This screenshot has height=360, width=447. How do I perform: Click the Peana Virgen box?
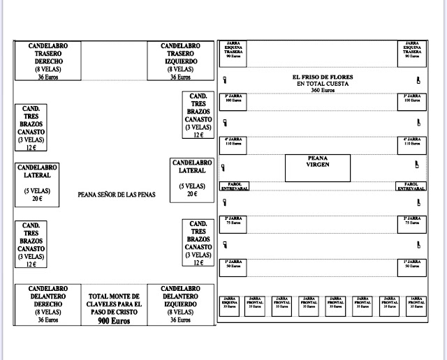click(318, 167)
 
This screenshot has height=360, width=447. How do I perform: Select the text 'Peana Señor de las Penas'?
click(117, 195)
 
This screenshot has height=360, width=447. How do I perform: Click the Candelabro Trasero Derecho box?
click(47, 61)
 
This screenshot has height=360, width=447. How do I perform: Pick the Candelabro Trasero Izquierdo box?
click(181, 61)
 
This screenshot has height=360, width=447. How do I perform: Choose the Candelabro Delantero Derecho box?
click(48, 304)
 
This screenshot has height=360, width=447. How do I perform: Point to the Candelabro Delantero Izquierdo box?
click(181, 304)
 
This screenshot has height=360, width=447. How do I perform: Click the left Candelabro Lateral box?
click(38, 184)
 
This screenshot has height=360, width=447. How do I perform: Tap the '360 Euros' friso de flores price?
click(323, 91)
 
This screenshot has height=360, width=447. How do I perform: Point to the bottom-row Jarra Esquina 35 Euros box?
click(229, 306)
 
